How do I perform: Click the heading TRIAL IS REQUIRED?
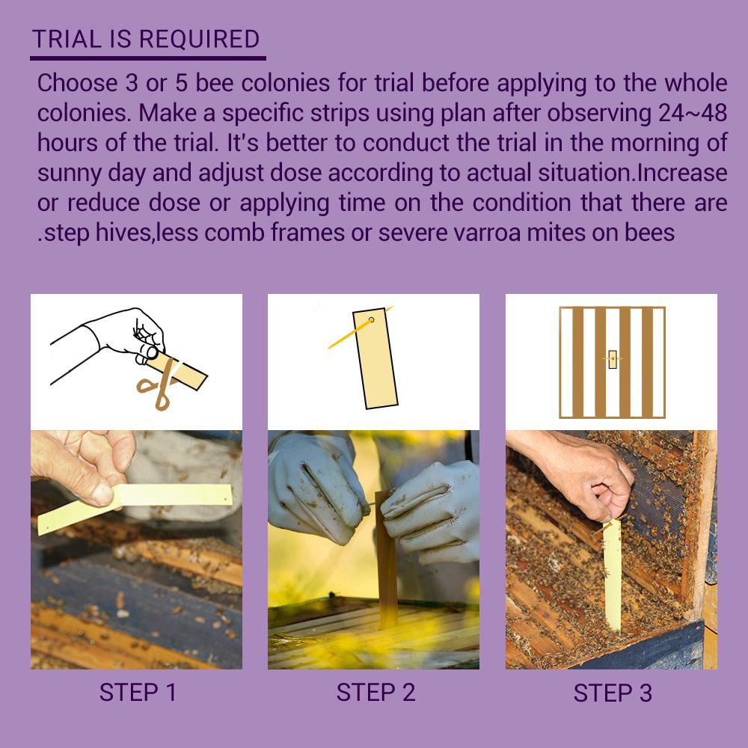point(146,39)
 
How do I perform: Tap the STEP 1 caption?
point(138,693)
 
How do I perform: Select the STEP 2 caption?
point(375,693)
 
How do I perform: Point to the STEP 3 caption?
point(613,693)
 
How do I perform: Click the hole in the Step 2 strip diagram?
point(371,319)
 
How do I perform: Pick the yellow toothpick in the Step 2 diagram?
point(361,328)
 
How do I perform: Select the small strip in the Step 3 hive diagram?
point(613,359)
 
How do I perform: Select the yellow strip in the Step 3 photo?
point(612,574)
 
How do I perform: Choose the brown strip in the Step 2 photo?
point(386,558)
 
